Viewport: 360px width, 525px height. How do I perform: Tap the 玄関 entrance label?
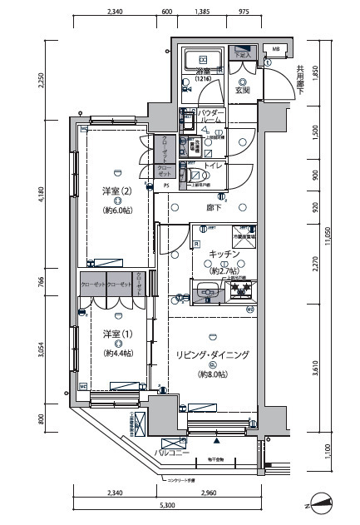(243, 90)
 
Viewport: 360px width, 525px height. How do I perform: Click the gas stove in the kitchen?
(241, 290)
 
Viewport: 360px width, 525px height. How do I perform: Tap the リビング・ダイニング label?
(213, 354)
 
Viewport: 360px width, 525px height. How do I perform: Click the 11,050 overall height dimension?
(329, 236)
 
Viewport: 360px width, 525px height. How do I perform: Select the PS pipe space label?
(165, 186)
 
